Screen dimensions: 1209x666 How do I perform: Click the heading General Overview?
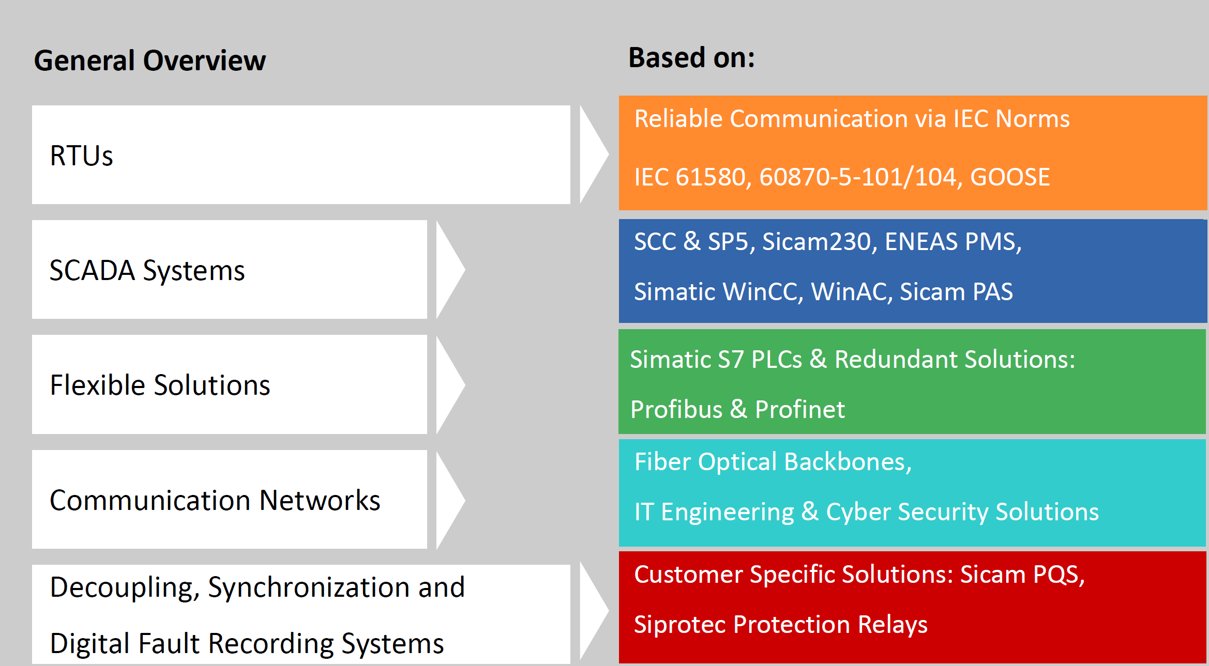(x=150, y=61)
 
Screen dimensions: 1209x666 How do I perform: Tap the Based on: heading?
(x=691, y=57)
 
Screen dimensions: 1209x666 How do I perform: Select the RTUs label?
(x=81, y=156)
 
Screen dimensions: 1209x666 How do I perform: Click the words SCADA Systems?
(x=147, y=271)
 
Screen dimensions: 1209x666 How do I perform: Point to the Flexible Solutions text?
(x=160, y=385)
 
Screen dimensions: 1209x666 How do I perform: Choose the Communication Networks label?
(x=215, y=500)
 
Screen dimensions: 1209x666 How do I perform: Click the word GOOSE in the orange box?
(x=1010, y=177)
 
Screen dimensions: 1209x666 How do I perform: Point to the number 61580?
(x=711, y=177)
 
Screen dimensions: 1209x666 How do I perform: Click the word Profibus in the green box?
(x=676, y=410)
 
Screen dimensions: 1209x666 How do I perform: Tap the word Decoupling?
(x=125, y=588)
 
